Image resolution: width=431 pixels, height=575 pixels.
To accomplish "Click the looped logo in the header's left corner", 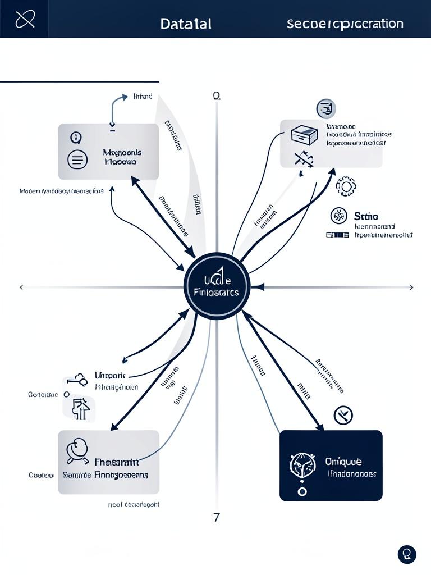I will pos(25,19).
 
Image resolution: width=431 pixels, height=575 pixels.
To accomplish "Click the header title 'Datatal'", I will pos(186,24).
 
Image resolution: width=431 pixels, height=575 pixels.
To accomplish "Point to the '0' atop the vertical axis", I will pos(216,96).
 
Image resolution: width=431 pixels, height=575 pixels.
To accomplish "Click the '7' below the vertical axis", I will pos(217,517).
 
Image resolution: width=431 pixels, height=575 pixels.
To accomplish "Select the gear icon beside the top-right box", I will pos(345,186).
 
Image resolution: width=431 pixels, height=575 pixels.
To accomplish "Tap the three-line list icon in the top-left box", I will pos(77,159).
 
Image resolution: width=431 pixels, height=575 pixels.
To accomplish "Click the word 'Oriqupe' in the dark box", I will pos(343,461).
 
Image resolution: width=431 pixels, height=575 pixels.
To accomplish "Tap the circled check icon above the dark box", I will pos(343,416).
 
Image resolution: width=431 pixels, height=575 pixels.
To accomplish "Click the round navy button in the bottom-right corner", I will pos(407,554).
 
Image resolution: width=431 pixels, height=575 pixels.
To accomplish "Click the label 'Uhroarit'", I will pos(110,375).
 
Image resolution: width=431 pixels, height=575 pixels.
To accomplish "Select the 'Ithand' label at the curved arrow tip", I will pos(143,97).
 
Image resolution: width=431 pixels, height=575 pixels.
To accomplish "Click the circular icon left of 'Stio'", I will pos(338,216).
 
